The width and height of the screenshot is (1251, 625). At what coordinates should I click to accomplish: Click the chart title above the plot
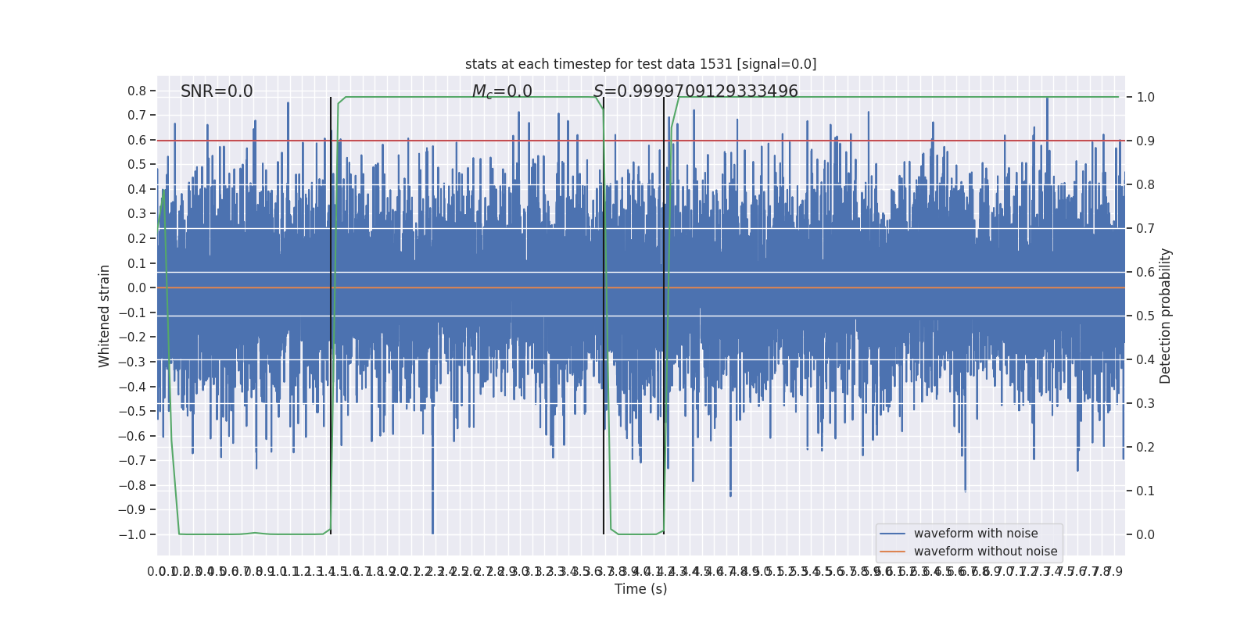click(x=640, y=64)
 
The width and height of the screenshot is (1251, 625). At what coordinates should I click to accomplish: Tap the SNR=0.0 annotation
click(x=217, y=91)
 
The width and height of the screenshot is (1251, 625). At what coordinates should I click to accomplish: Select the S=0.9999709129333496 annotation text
click(x=695, y=91)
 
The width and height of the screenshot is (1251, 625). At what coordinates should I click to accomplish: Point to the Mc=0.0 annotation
click(x=502, y=91)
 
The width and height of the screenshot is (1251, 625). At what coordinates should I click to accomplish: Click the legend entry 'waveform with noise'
click(x=975, y=534)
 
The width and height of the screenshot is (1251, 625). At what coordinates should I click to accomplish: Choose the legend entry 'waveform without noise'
click(x=985, y=552)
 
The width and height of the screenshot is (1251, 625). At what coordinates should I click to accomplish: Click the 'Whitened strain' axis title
click(x=105, y=316)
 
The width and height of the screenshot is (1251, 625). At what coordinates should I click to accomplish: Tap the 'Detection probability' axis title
click(x=1166, y=316)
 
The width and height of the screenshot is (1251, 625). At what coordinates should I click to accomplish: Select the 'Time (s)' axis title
click(x=640, y=589)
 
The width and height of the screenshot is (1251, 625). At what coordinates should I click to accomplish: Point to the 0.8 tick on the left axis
click(x=137, y=91)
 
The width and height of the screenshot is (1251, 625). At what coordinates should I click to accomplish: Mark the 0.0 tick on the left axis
click(x=137, y=288)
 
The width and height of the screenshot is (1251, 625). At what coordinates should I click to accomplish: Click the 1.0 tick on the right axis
click(x=1145, y=98)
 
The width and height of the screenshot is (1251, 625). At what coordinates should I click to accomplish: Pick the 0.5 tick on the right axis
click(x=1145, y=316)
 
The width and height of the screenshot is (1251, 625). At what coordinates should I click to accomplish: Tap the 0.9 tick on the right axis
click(x=1145, y=141)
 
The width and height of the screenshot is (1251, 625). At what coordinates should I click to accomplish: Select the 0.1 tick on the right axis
click(x=1145, y=491)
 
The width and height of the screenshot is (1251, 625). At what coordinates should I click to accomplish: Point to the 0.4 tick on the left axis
click(x=137, y=190)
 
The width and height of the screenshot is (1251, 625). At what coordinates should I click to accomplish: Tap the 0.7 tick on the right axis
click(x=1145, y=229)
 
